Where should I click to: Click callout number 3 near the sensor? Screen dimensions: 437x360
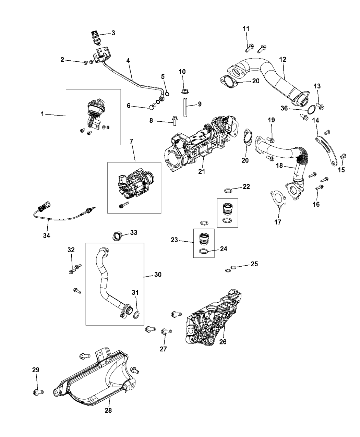113,33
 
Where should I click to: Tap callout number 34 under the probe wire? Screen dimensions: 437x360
46,235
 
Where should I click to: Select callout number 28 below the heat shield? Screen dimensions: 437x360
108,410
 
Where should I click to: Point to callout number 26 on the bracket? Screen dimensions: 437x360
223,342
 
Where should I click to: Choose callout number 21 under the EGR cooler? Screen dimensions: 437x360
202,171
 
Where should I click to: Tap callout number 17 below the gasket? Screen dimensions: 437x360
278,222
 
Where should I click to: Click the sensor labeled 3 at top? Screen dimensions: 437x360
95,37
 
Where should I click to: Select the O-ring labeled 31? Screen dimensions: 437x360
136,314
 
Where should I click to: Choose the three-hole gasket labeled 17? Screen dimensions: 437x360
276,199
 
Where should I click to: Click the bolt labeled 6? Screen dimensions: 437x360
151,108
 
